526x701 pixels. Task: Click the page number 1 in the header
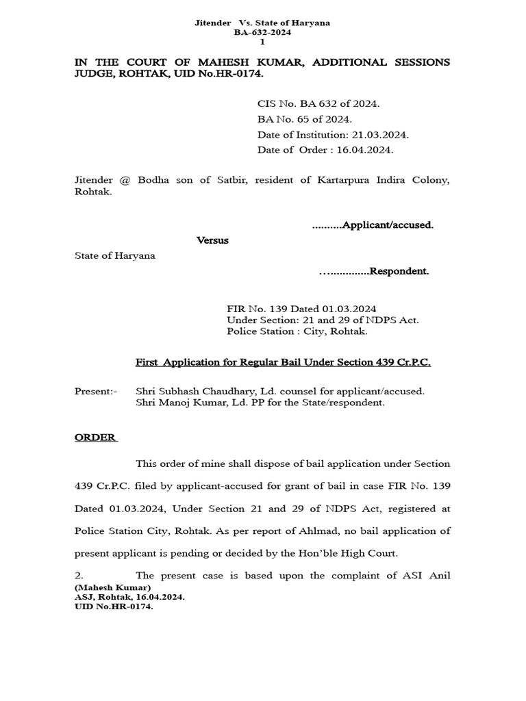[x=262, y=42]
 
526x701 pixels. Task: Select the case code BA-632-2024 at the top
[x=262, y=33]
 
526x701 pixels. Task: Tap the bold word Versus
[x=212, y=241]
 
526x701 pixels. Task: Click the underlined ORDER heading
[x=95, y=437]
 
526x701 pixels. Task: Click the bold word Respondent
[x=399, y=271]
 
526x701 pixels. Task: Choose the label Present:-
[x=96, y=391]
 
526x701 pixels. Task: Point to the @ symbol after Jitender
[x=125, y=180]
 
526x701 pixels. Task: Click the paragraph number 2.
[x=79, y=575]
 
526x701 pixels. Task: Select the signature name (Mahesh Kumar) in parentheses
[x=112, y=587]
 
